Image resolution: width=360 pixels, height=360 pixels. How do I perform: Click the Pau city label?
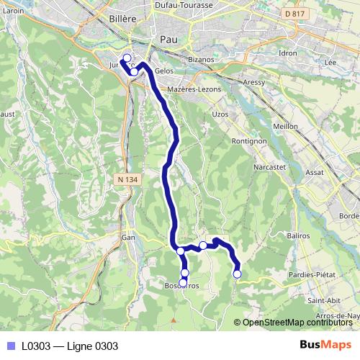point(169,40)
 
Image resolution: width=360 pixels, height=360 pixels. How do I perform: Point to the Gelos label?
point(164,72)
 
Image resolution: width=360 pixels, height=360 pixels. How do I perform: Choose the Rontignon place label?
point(249,142)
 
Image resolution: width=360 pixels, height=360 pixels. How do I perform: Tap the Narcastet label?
point(270,167)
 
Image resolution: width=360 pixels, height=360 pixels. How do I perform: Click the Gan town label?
point(128,236)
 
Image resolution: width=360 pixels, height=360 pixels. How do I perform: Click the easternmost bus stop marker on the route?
point(237,274)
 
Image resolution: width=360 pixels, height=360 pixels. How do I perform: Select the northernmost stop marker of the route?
point(127,58)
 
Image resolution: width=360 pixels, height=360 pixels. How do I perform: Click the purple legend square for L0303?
point(10,346)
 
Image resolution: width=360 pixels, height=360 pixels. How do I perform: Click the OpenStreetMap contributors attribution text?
point(297,323)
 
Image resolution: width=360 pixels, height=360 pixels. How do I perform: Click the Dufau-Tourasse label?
point(184,5)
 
